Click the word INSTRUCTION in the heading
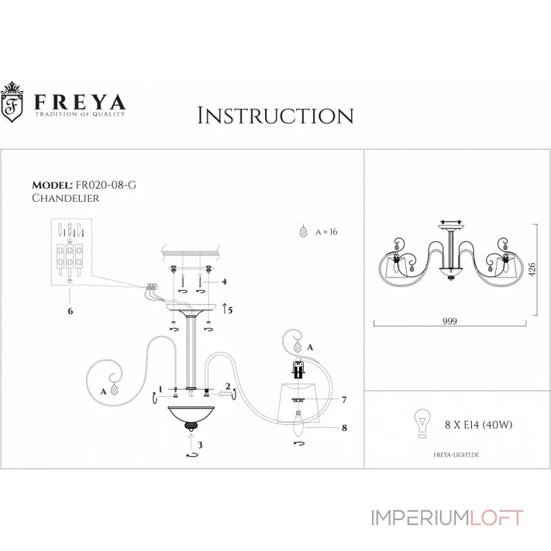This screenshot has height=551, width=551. point(275,115)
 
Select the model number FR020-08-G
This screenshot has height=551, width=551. point(110,186)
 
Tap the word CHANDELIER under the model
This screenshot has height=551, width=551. point(65,198)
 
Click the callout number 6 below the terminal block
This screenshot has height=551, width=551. point(70,311)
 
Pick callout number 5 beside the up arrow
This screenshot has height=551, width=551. point(231,310)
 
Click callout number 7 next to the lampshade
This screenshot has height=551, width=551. point(343,399)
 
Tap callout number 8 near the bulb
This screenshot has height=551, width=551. point(343,428)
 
